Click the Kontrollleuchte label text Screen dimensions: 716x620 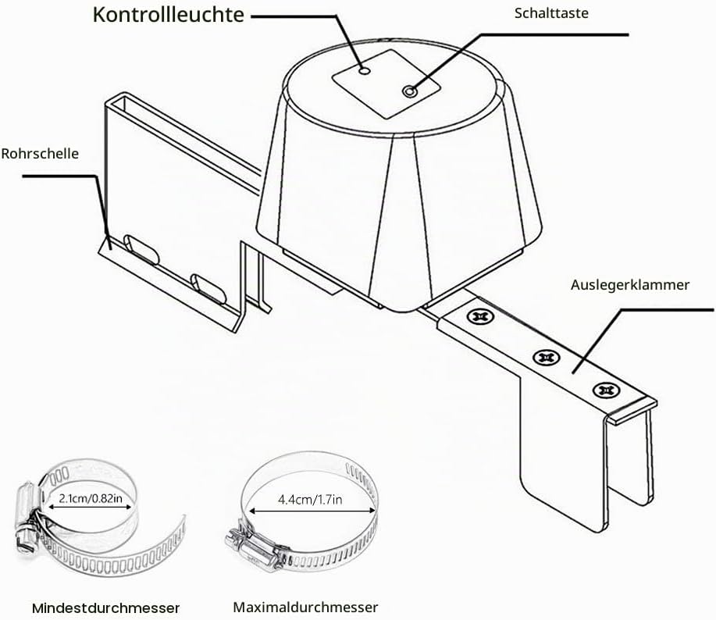168,15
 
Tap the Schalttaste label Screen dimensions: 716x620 551,13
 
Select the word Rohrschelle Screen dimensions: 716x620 40,153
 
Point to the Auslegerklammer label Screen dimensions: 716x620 629,285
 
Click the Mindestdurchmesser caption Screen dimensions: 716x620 106,608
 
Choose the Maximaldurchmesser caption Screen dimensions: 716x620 305,608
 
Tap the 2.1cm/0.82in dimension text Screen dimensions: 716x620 91,498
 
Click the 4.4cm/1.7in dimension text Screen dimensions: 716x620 310,500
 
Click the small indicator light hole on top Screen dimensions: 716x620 365,71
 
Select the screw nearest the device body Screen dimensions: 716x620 479,316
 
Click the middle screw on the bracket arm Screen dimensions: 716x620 547,357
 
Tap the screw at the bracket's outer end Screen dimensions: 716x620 607,390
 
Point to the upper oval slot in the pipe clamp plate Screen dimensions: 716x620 141,249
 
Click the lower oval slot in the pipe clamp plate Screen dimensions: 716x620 208,289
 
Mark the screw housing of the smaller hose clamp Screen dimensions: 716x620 27,516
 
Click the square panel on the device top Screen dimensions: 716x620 386,84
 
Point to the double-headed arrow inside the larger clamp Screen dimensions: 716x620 312,511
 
